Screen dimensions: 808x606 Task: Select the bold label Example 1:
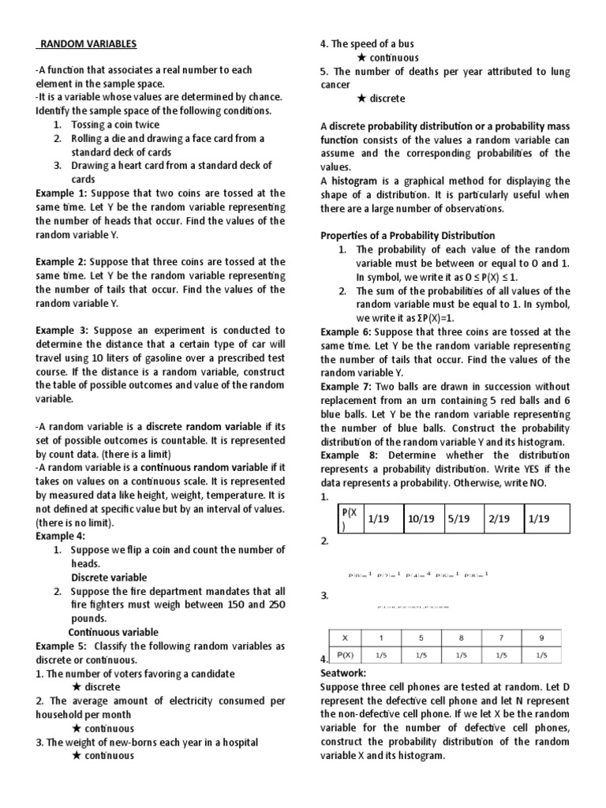click(x=62, y=193)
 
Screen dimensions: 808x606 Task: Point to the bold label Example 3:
click(x=62, y=330)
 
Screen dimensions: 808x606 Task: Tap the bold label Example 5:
click(x=62, y=645)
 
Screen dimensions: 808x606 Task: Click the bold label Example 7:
click(x=346, y=387)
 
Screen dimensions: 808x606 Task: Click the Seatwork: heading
click(x=343, y=673)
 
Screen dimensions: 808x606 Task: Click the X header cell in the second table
click(x=343, y=638)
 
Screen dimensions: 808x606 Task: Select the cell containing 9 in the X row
click(x=541, y=638)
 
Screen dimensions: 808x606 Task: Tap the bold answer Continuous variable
click(x=113, y=632)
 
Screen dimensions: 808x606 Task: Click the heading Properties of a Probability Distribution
click(x=407, y=235)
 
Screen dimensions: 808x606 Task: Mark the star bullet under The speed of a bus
click(x=361, y=58)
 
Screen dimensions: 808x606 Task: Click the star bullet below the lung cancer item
click(x=361, y=99)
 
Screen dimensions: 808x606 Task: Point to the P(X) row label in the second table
click(x=344, y=654)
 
